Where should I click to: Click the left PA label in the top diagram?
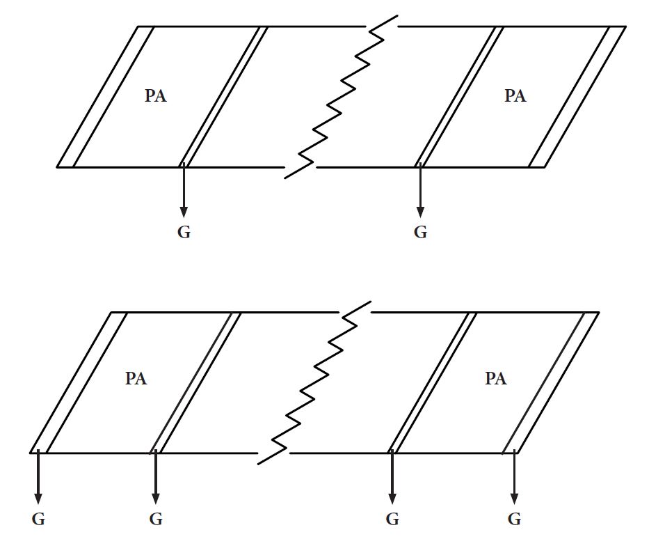click(156, 95)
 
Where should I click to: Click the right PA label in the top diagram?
click(515, 95)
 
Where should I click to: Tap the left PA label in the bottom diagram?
click(136, 379)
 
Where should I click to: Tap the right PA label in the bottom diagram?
click(496, 379)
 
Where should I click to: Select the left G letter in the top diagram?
click(184, 232)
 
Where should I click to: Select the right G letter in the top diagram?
click(420, 232)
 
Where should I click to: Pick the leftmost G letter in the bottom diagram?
click(38, 519)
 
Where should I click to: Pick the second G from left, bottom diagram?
click(156, 519)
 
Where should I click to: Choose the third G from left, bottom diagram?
click(392, 519)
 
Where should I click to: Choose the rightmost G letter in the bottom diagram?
click(514, 519)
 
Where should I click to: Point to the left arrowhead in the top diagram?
click(184, 212)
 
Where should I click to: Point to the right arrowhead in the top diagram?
click(420, 212)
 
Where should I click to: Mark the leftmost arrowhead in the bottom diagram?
click(38, 499)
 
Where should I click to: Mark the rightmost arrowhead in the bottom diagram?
click(514, 499)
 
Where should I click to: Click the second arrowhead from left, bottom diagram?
click(156, 499)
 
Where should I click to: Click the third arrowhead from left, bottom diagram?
click(392, 499)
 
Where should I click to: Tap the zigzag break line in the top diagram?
click(341, 97)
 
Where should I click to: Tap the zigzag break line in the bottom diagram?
click(314, 383)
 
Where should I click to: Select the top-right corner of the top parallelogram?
click(625, 26)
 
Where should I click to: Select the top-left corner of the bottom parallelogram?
click(111, 312)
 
